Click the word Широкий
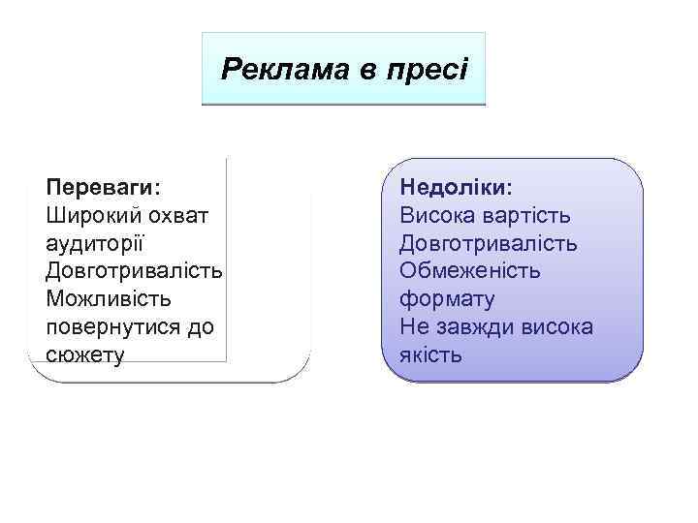click(x=88, y=213)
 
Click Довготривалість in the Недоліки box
click(x=489, y=242)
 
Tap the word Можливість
click(x=108, y=298)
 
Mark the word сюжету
click(x=85, y=355)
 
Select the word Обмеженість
click(x=470, y=270)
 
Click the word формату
click(x=447, y=298)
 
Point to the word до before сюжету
click(x=202, y=326)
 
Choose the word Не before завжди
click(x=414, y=326)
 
